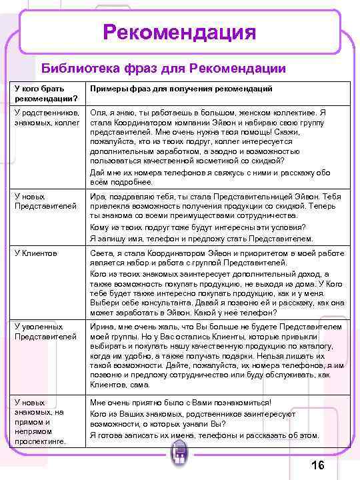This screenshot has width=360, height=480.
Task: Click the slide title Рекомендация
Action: tap(179, 32)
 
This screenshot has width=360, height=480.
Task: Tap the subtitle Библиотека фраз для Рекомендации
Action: tap(163, 68)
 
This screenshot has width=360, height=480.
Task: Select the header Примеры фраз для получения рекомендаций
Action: tap(181, 89)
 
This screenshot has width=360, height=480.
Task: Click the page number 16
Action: tap(318, 465)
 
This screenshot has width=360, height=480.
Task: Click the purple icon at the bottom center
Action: tap(179, 459)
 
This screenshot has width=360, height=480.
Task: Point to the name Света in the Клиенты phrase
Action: tap(101, 253)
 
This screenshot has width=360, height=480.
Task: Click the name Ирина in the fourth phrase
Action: tap(103, 327)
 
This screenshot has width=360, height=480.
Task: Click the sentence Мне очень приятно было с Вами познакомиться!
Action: tap(181, 403)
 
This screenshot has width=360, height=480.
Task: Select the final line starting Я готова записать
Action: tap(204, 435)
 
